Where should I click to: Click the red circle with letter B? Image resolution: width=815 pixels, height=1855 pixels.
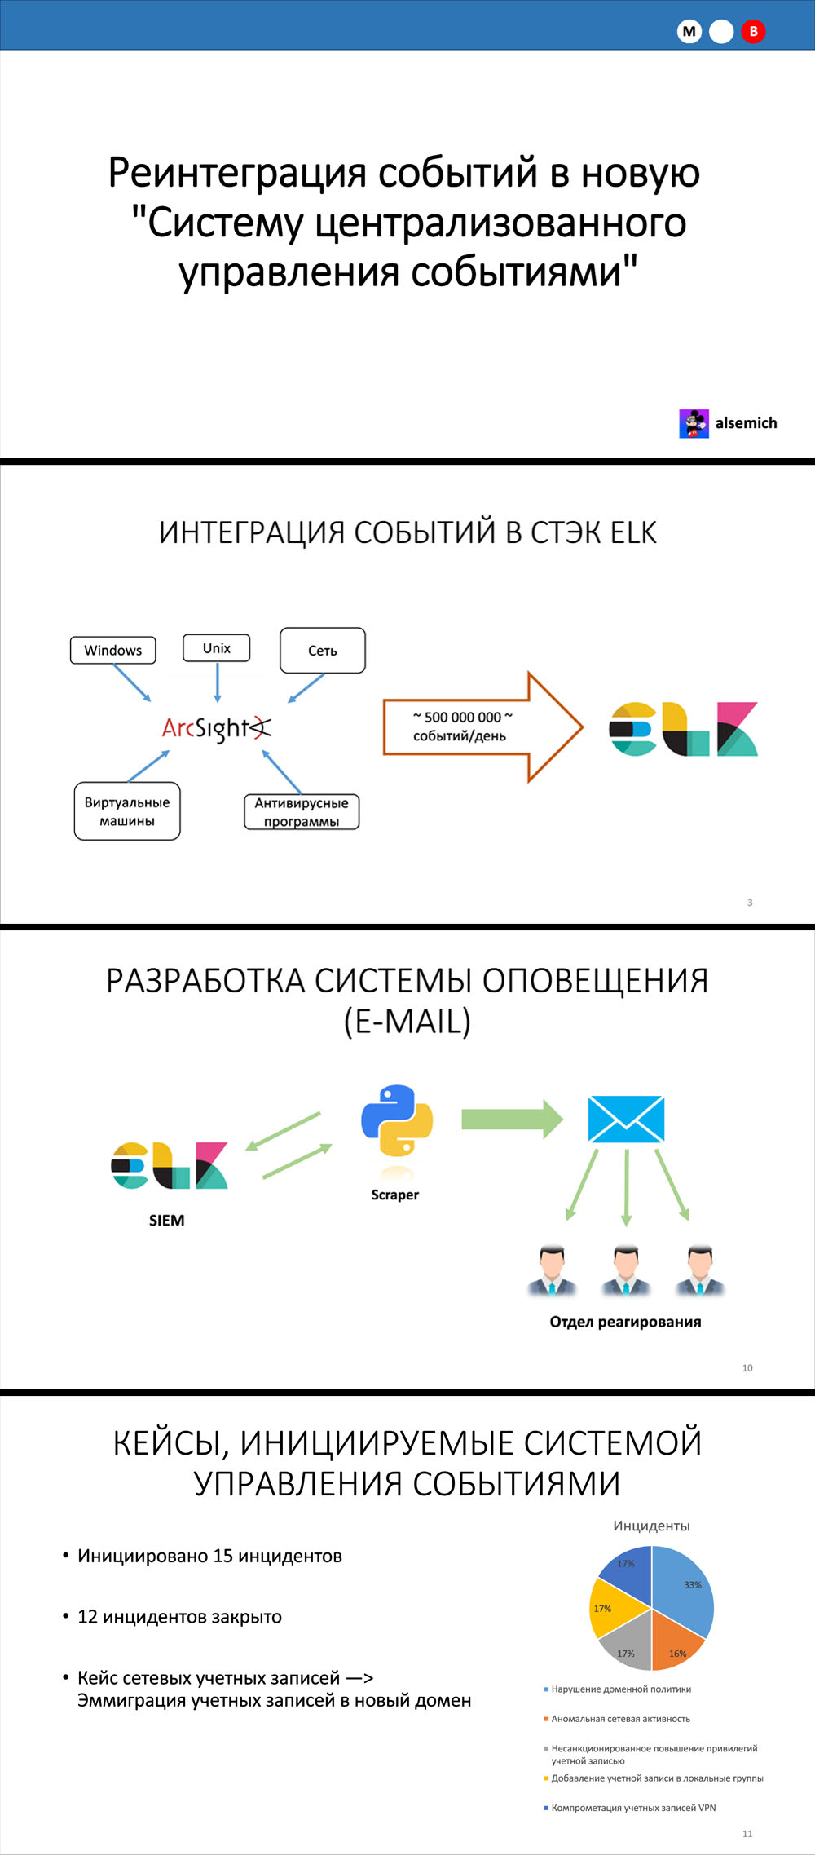[753, 32]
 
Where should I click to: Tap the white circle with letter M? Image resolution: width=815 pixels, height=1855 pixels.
[689, 32]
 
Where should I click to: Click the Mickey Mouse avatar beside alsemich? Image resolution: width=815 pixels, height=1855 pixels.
[694, 423]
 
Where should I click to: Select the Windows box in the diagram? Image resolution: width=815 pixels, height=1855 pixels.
[112, 650]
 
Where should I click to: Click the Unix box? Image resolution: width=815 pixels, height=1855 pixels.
[216, 648]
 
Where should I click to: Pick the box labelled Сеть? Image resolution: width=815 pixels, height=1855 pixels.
[323, 651]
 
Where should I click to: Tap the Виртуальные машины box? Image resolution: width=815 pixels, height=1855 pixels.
[127, 811]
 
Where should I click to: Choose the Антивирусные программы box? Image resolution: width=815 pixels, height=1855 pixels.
[302, 812]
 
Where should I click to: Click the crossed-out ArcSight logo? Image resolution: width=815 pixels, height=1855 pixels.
[216, 728]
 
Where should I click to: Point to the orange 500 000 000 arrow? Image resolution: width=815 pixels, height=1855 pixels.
[482, 727]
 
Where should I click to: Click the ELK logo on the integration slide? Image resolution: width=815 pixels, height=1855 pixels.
[684, 729]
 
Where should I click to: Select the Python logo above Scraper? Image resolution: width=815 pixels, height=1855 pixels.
[397, 1120]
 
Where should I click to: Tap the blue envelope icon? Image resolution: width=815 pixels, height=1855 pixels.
[626, 1120]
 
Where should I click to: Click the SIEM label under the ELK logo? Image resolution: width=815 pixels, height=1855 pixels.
[167, 1221]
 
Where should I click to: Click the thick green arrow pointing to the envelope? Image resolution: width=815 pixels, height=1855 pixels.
[512, 1120]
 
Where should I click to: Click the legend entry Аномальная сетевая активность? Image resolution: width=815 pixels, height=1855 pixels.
[620, 1719]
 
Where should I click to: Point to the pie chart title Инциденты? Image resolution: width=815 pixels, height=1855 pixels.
[651, 1526]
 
